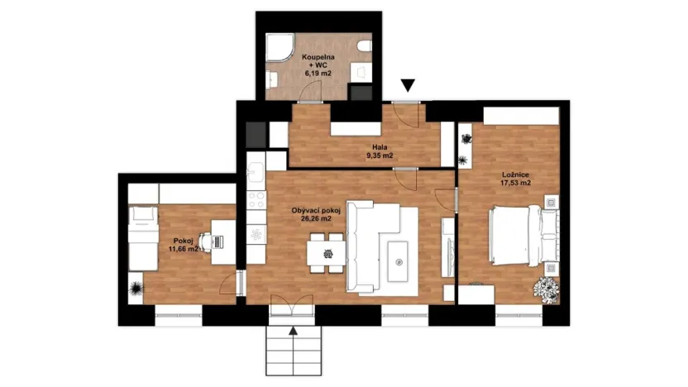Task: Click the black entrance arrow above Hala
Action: (x=407, y=84)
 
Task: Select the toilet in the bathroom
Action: (x=365, y=47)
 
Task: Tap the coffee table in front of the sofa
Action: (x=399, y=261)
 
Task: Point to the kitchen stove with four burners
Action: (x=256, y=200)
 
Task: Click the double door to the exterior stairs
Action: (x=291, y=309)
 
